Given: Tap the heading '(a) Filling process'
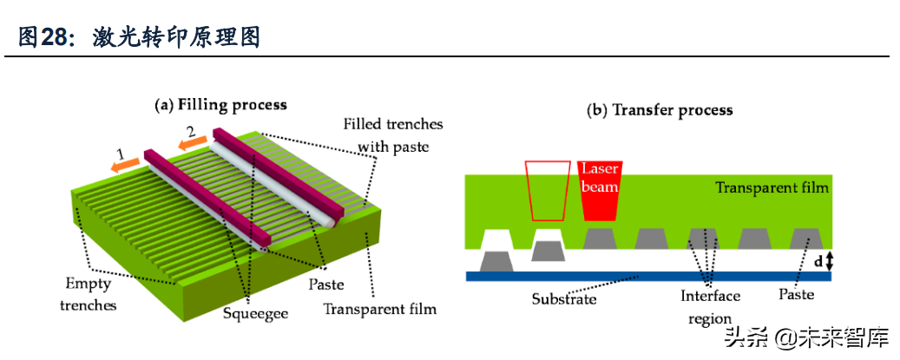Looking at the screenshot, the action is click(221, 106).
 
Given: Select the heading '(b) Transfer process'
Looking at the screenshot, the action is click(660, 110).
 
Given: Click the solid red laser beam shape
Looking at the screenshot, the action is click(600, 191).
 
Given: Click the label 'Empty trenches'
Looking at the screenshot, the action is click(89, 294).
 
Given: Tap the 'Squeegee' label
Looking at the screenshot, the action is click(248, 313).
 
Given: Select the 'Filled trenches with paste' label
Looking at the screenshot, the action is click(393, 135).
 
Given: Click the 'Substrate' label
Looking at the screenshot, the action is click(563, 298).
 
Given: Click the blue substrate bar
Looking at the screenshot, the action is click(648, 277).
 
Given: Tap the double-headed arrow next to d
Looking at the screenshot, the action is click(828, 261).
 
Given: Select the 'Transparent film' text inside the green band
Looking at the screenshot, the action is click(772, 187).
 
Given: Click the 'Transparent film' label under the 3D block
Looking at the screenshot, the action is click(380, 310).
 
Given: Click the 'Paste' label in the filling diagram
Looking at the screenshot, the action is click(326, 285).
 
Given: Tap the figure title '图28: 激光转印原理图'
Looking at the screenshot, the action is click(140, 37).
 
